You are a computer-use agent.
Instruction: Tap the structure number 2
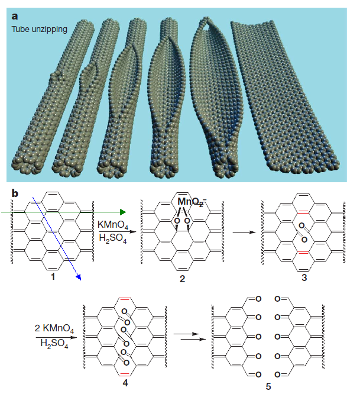tap(182, 278)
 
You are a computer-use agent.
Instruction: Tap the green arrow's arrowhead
tap(122, 211)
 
